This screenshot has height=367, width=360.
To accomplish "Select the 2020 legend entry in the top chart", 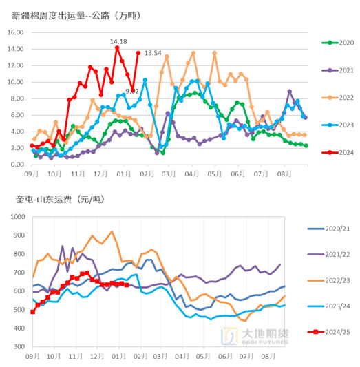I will click(x=337, y=43).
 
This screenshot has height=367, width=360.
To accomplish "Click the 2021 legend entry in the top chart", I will click(x=337, y=70).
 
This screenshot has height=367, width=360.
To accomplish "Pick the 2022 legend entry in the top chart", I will click(x=337, y=98).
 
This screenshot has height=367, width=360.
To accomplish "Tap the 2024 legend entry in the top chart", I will click(x=337, y=153).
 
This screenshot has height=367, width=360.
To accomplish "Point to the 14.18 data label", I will click(x=118, y=41).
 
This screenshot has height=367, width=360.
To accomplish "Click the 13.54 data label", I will click(x=153, y=53).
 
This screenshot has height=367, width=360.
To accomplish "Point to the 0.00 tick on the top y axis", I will click(x=17, y=165).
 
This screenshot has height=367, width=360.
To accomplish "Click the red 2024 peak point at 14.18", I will click(x=117, y=48).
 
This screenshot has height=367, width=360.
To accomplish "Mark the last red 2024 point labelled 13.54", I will click(x=138, y=53).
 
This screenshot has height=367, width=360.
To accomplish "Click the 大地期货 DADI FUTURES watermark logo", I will click(x=254, y=335).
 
